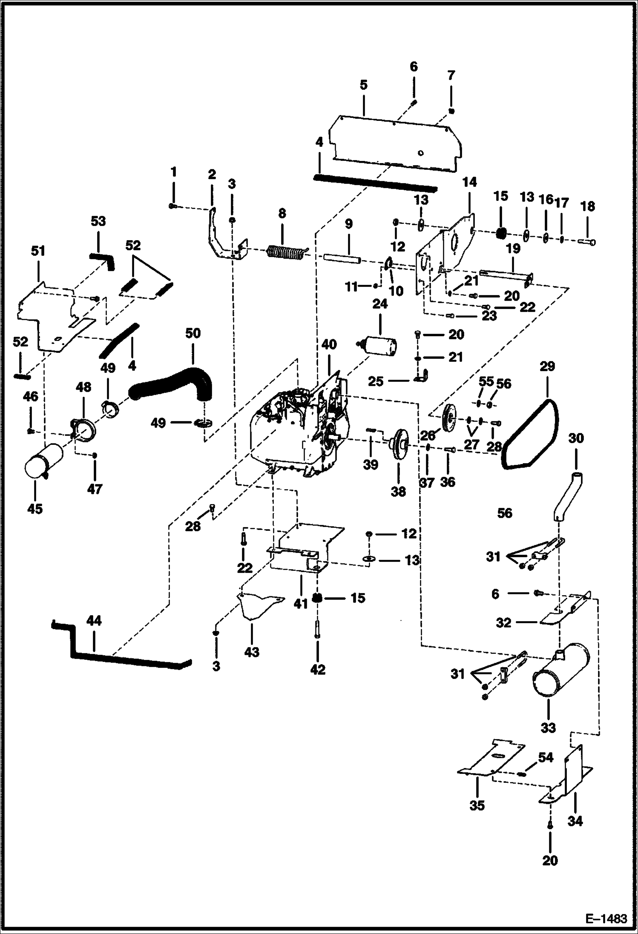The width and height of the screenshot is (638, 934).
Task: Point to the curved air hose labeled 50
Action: click(x=175, y=380)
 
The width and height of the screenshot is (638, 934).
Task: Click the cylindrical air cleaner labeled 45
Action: click(x=43, y=462)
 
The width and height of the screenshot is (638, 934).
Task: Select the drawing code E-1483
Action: click(x=607, y=918)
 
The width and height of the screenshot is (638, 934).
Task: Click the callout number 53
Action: click(x=98, y=222)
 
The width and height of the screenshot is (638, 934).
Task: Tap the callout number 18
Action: click(x=588, y=207)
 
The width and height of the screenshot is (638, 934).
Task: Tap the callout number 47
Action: click(x=95, y=489)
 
